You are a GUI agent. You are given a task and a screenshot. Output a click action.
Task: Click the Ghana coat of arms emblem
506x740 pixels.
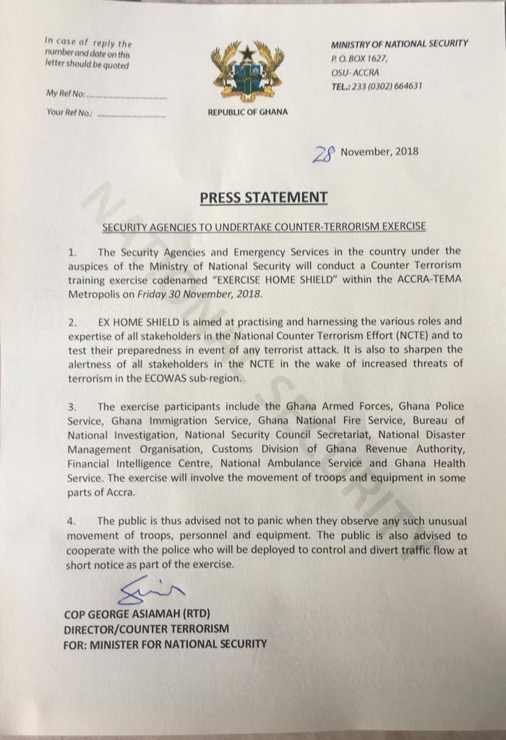click(247, 72)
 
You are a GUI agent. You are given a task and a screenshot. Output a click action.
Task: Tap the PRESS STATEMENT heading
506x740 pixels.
click(263, 197)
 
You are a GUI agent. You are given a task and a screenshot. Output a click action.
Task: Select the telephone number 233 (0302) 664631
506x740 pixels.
click(386, 86)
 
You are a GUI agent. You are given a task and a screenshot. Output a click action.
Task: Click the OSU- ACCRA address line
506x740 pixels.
click(355, 72)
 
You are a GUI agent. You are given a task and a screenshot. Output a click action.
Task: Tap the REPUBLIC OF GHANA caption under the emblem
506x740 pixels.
click(247, 112)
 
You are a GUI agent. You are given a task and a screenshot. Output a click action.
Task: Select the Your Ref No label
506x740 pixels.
click(69, 113)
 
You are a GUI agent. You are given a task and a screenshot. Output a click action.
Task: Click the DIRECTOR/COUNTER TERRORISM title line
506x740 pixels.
click(147, 629)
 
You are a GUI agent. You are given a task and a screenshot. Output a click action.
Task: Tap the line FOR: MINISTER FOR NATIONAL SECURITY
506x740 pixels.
click(166, 643)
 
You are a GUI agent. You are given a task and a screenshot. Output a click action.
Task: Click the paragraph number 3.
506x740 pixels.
click(71, 407)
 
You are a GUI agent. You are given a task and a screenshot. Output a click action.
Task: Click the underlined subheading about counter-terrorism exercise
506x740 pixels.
click(264, 226)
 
